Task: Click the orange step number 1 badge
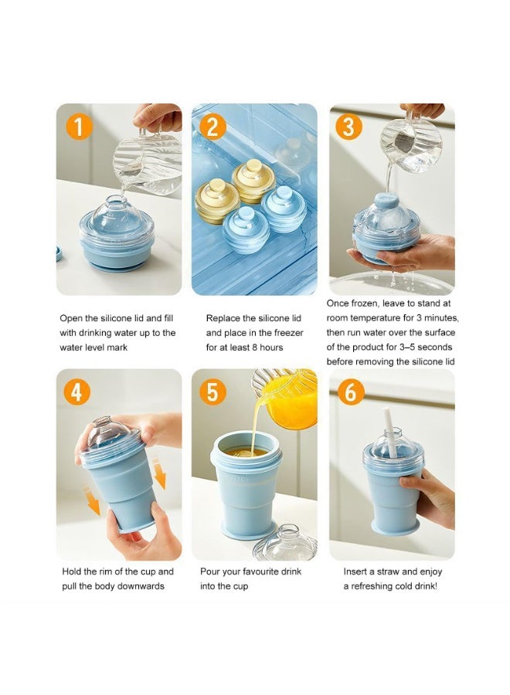pos(79,127)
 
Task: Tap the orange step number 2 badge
pos(212,127)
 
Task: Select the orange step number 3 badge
pos(348,127)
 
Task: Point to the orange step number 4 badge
pos(76,392)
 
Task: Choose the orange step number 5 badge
pos(212,392)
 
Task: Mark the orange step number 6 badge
pos(351,392)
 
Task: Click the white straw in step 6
pos(391,432)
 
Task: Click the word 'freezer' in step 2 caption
pos(289,332)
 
